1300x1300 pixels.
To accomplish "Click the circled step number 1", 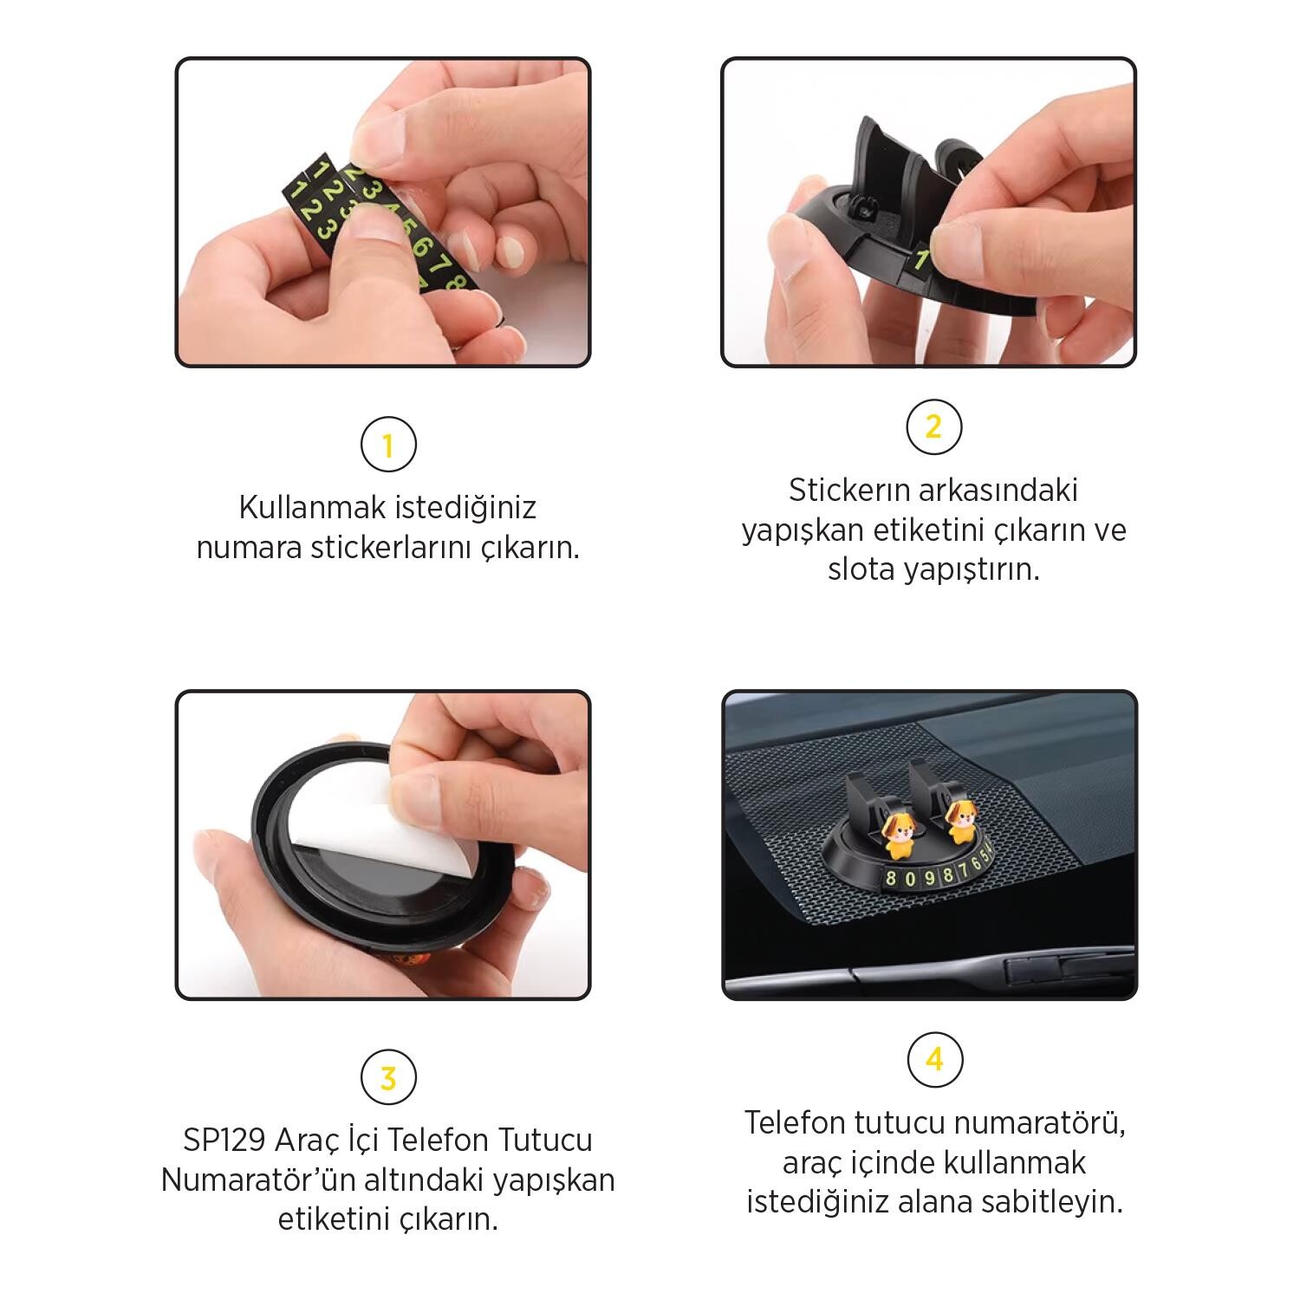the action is click(387, 445).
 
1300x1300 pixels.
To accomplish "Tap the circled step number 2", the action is click(933, 426).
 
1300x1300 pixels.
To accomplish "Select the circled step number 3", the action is click(387, 1078).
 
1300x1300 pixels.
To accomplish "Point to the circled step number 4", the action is click(933, 1059).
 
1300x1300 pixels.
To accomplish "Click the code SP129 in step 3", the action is click(223, 1140).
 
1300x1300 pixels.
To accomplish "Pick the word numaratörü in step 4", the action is click(1027, 1123).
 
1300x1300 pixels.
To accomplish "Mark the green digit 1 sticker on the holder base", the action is click(922, 259).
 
